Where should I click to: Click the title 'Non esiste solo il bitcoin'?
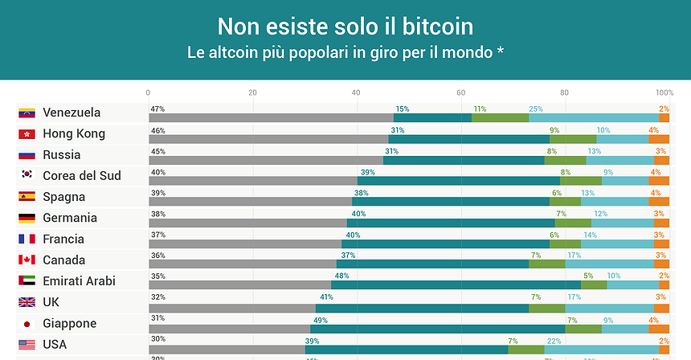point(345,27)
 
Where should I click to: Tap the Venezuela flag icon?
point(27,112)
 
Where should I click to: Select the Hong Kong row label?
point(74,133)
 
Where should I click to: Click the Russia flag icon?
point(27,155)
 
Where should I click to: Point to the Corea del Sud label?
point(81,175)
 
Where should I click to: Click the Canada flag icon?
point(27,260)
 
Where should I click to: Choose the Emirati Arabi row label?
point(79,281)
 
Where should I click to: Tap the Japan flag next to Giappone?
point(27,324)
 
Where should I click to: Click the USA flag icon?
point(27,345)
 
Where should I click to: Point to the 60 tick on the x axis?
point(460,92)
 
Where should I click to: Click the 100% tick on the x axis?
point(664,92)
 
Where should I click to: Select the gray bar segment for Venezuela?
point(271,118)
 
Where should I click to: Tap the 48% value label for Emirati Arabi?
point(341,276)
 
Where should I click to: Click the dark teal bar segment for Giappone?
point(438,329)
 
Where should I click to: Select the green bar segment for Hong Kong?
point(572,139)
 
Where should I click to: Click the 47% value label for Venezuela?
point(157,108)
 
